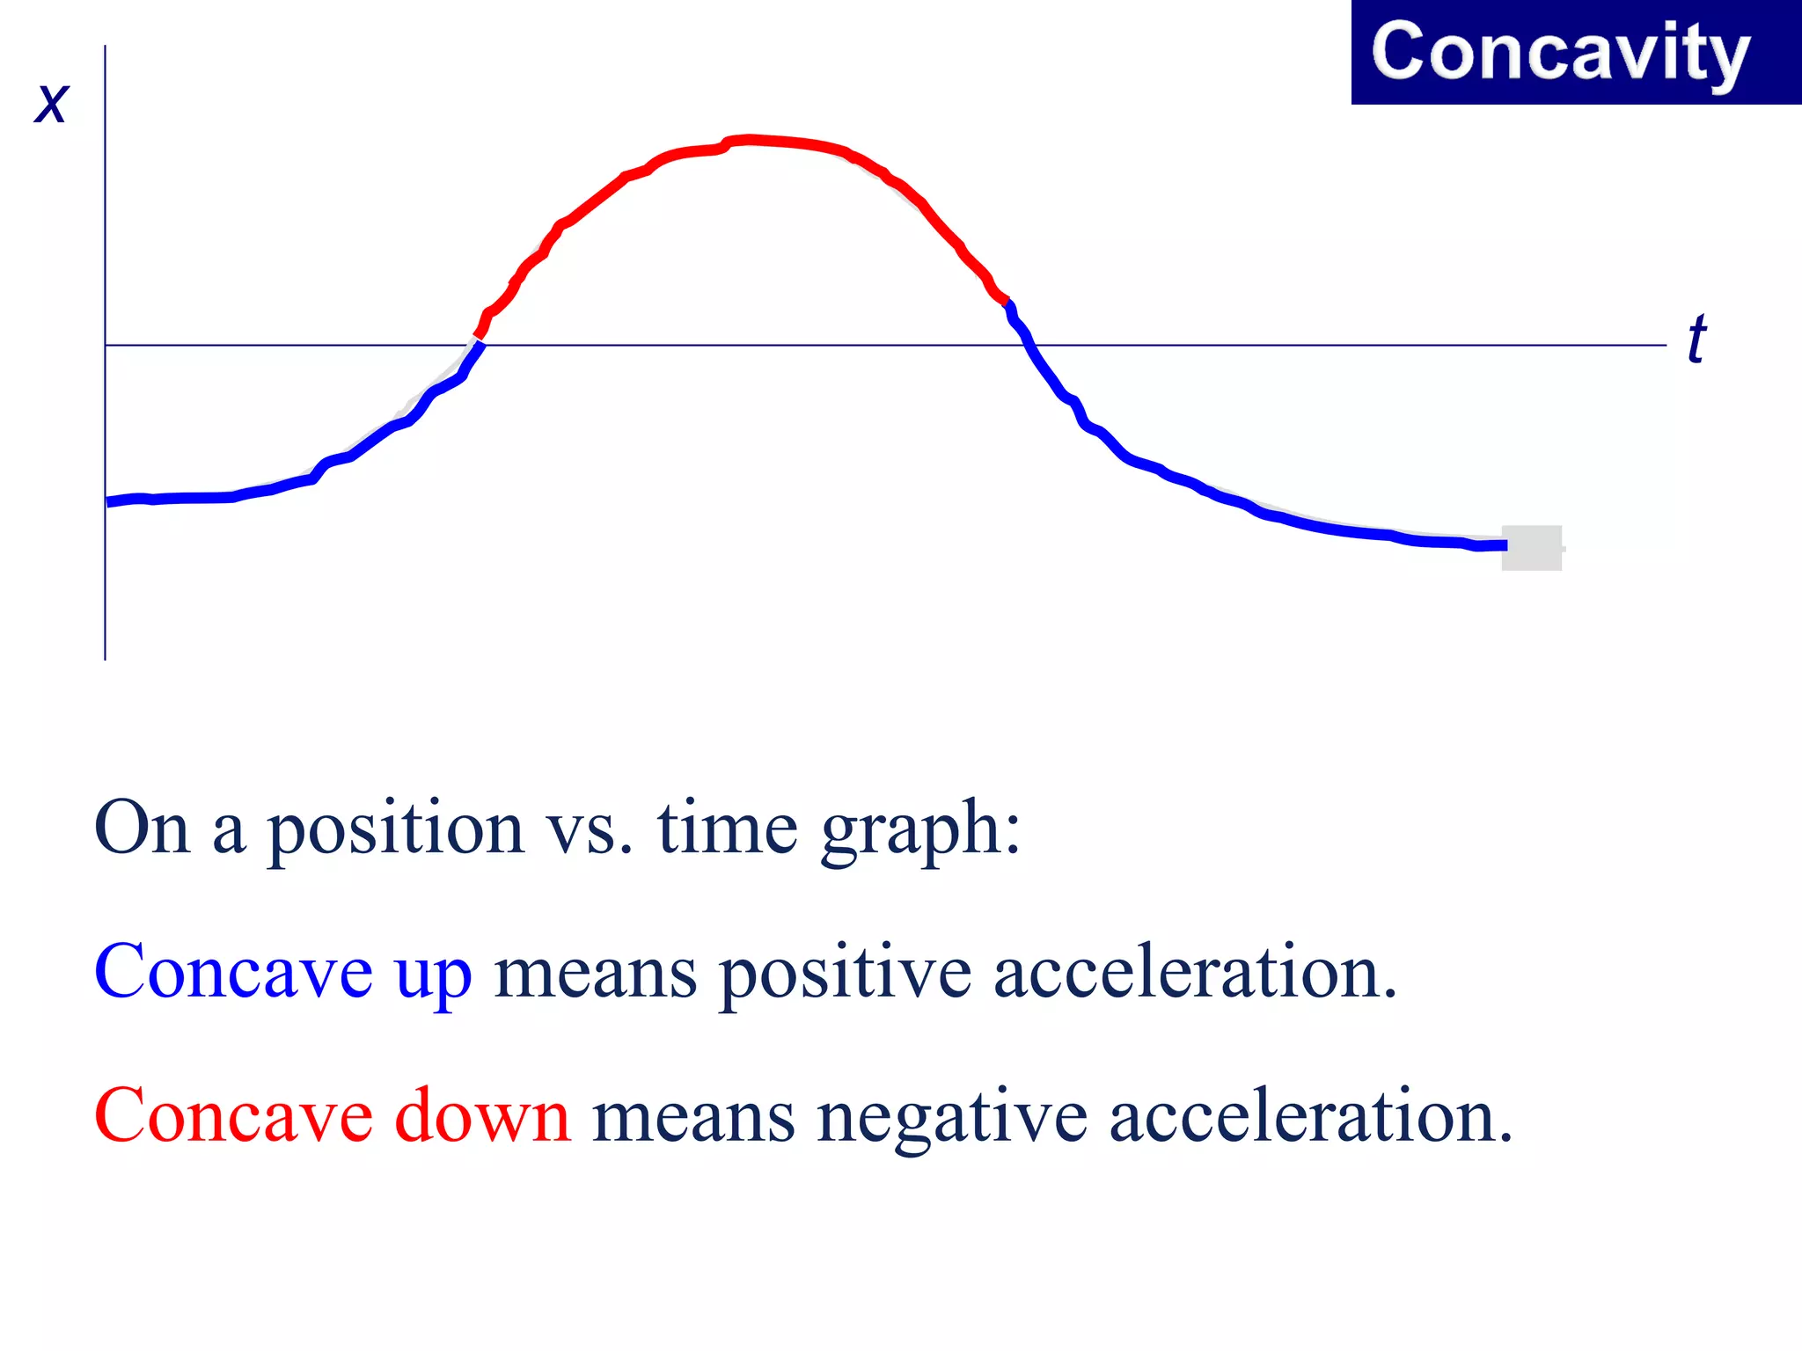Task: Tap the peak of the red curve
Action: (748, 139)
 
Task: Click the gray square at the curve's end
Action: (1531, 547)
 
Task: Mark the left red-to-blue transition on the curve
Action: (479, 338)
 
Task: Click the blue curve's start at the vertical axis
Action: (108, 501)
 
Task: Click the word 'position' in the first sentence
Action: (396, 830)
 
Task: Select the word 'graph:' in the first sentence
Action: (920, 830)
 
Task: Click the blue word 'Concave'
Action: (233, 972)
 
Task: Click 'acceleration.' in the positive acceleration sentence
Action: (1195, 972)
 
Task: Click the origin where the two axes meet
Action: (106, 345)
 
